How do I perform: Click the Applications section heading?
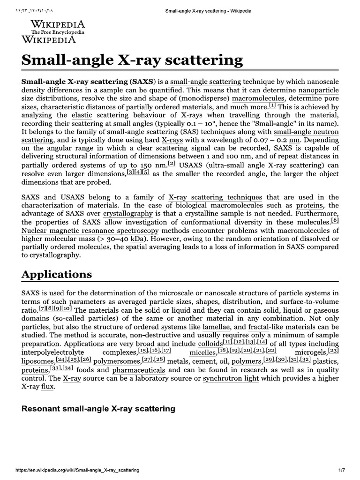coord(57,274)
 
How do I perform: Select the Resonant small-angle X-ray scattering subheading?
coord(99,409)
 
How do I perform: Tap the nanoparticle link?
coord(318,90)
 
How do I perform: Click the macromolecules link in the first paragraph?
coord(258,98)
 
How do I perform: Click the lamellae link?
coord(217,326)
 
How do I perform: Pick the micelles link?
coord(203,352)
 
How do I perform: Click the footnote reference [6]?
coord(335,220)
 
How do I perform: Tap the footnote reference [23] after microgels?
coord(333,350)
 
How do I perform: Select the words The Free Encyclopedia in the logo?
coord(58,32)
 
